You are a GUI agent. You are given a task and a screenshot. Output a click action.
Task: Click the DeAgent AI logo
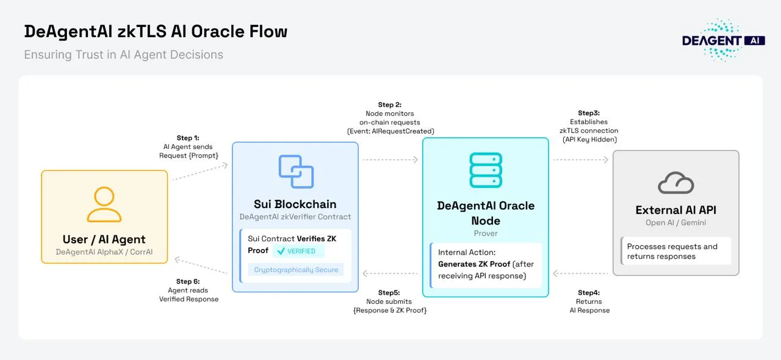[x=723, y=40]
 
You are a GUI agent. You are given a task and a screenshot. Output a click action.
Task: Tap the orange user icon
[x=104, y=204]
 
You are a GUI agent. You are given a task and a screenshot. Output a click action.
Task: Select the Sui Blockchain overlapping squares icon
[x=296, y=171]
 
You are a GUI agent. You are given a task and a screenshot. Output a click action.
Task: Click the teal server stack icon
[x=486, y=170]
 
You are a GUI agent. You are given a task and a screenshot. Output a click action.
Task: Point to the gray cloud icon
[x=676, y=182]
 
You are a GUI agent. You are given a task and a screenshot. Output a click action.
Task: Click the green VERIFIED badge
[x=298, y=251]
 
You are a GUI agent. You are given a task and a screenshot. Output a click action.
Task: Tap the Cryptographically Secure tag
[x=296, y=270]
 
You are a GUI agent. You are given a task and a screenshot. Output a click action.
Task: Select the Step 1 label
[x=187, y=138]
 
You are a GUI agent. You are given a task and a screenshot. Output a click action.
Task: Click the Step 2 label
[x=390, y=105]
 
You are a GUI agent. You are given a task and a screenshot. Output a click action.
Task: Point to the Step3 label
[x=589, y=113]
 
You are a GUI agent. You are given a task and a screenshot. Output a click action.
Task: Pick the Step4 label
[x=589, y=293]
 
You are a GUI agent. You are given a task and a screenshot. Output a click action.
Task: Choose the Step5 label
[x=390, y=293]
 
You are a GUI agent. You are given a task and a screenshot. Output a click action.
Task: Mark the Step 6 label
[x=188, y=281]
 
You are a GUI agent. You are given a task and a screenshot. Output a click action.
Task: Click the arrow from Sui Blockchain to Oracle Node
[x=390, y=160]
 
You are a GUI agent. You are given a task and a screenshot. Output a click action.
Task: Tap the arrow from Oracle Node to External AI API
[x=581, y=160]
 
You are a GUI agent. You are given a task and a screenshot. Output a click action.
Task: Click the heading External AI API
[x=676, y=210]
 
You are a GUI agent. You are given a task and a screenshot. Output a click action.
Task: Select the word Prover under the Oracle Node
[x=486, y=233]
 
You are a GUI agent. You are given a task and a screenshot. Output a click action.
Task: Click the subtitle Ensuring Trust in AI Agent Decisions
[x=123, y=54]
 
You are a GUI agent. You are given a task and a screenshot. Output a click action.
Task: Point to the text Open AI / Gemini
[x=676, y=223]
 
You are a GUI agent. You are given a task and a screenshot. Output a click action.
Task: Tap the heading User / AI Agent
[x=104, y=239]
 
